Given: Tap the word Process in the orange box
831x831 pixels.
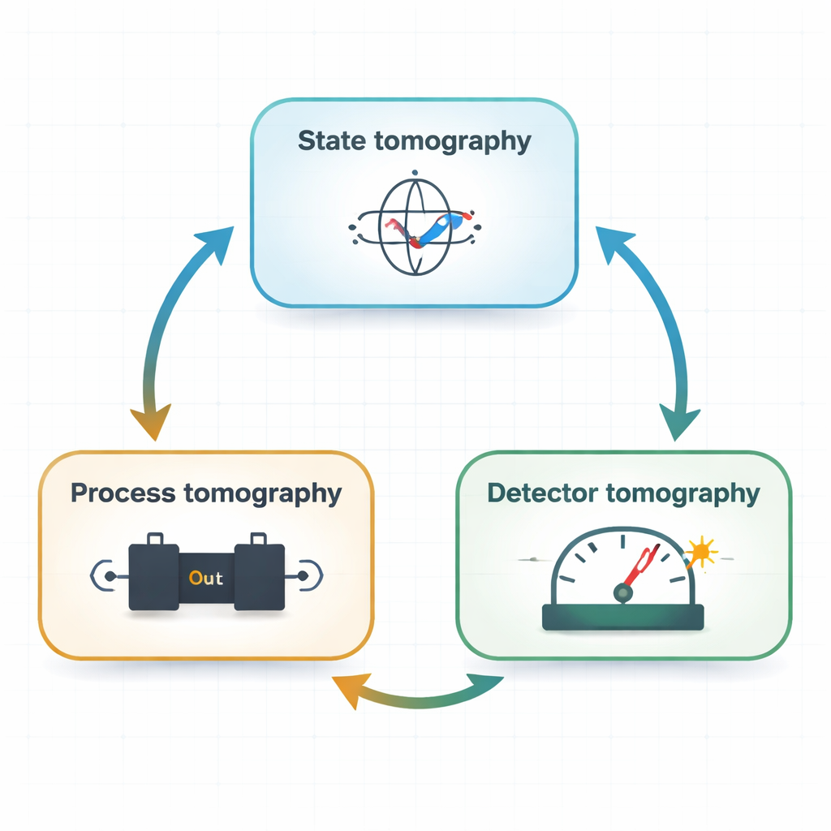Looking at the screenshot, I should (x=122, y=493).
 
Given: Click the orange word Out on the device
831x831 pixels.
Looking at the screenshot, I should (x=206, y=579).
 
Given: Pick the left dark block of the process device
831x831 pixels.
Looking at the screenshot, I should (x=154, y=577).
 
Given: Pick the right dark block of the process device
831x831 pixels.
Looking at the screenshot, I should (x=260, y=577).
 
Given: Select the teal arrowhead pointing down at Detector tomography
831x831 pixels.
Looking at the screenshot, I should (x=679, y=422).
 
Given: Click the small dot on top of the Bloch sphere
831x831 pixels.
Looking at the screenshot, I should (x=414, y=172).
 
